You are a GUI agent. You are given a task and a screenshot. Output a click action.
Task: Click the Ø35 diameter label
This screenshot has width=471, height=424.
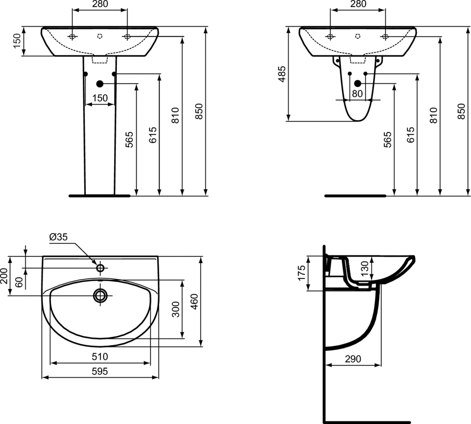coord(58,237)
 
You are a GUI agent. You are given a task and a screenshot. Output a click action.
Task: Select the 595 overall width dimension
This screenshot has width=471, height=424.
coord(100,372)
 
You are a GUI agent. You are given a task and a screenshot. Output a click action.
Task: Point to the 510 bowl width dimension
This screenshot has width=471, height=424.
coord(100,356)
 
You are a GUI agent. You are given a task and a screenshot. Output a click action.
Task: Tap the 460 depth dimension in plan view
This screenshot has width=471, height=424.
coord(195,302)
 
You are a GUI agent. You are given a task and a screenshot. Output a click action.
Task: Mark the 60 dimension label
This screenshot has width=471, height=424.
coord(19,282)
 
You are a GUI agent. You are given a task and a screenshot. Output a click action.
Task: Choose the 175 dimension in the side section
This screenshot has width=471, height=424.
coord(302,273)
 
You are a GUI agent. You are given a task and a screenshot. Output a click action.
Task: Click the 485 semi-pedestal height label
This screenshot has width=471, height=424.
coord(282,74)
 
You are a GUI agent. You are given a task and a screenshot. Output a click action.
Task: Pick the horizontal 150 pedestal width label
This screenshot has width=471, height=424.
coord(100,98)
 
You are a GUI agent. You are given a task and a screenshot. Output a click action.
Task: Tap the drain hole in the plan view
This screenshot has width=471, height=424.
coord(100,295)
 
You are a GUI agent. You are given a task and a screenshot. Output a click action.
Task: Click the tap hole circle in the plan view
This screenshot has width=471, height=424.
coord(100,267)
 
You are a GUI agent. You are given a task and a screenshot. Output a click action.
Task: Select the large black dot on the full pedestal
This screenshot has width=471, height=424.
coord(99,84)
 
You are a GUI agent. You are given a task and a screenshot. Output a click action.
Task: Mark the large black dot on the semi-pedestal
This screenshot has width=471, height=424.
coord(357,84)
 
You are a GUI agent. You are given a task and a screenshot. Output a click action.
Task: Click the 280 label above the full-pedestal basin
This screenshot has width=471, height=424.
coord(100,5)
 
